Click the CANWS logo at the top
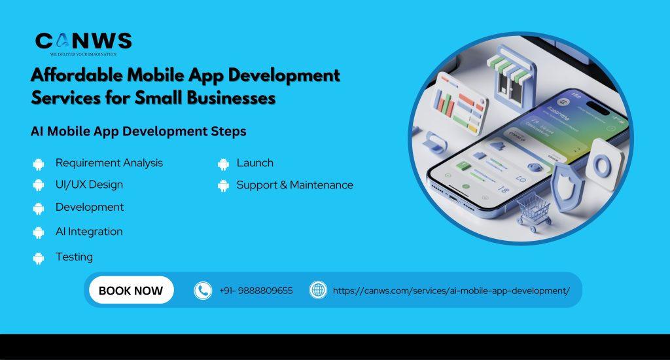tap(83, 43)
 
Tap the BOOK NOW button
tap(131, 291)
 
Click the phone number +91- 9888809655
tap(256, 291)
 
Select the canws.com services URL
tap(451, 291)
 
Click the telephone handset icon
tap(203, 291)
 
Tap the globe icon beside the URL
tap(318, 290)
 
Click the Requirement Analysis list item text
tap(109, 163)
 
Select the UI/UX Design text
tap(89, 185)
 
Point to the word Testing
tap(74, 257)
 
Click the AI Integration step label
tap(89, 232)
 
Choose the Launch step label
tap(255, 163)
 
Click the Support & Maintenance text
tap(294, 185)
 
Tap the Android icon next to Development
tap(39, 208)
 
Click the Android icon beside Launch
tap(224, 164)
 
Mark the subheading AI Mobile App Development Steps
tap(139, 131)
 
